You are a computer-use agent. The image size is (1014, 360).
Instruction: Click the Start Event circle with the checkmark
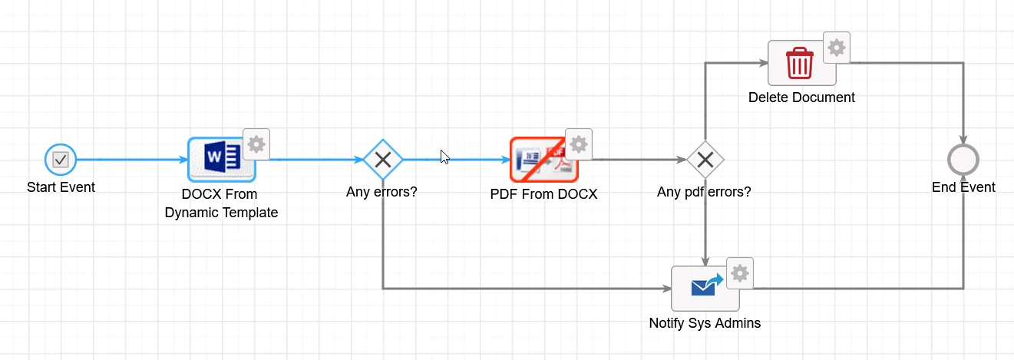point(61,160)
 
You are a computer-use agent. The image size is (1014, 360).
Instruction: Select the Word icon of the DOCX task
point(222,157)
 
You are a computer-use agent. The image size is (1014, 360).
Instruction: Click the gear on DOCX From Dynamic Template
point(256,144)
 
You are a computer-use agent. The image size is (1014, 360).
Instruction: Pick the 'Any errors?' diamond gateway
point(383,160)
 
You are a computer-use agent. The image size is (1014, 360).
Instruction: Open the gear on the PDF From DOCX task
point(579,144)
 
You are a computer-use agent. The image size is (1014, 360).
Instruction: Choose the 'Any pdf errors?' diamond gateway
point(705,160)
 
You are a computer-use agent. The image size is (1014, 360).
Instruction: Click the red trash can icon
point(799,63)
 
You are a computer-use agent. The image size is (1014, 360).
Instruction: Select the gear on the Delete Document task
point(837,48)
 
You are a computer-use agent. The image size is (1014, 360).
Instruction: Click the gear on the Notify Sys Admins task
point(740,273)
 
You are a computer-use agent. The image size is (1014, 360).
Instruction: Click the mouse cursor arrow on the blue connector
point(445,157)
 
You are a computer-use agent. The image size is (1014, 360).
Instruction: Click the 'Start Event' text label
point(61,187)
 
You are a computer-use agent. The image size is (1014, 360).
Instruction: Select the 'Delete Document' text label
point(801,97)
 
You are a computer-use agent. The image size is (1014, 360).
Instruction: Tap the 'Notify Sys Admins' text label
point(705,323)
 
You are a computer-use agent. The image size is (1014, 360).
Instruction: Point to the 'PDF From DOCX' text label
point(543,194)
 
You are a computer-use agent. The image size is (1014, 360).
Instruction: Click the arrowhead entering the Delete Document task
point(763,63)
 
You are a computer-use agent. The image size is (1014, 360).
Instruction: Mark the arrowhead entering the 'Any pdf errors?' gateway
point(682,160)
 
